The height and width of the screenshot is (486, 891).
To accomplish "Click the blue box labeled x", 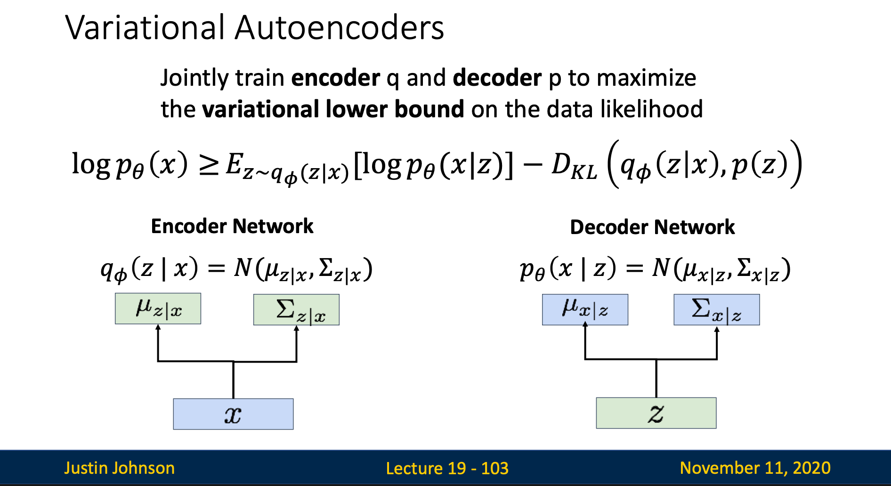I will [x=233, y=414].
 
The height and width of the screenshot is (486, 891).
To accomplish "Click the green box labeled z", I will [x=656, y=413].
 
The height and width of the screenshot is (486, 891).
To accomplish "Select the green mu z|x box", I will [x=158, y=308].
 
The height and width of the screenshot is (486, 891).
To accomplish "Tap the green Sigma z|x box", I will [x=296, y=309].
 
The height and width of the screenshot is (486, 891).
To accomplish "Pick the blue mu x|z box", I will [x=585, y=309].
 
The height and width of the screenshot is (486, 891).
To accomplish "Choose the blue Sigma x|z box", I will [x=716, y=309].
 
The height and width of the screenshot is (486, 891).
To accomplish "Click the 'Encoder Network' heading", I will [x=232, y=227].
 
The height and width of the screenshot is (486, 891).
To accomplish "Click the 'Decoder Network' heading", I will [x=652, y=227].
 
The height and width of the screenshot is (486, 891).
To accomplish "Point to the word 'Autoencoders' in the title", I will [x=339, y=27].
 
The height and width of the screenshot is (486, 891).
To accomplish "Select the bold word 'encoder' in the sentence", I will [x=335, y=78].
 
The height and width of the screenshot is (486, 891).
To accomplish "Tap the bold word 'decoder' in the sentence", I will [x=497, y=78].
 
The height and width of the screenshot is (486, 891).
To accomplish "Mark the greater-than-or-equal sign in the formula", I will [x=209, y=166].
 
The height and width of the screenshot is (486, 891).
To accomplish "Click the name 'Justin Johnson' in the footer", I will [x=119, y=468].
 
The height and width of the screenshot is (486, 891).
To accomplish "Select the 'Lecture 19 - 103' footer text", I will [x=447, y=468].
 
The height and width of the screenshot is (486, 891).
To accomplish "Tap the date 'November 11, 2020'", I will [x=755, y=468].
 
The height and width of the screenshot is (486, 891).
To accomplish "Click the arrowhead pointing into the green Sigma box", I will [x=296, y=329].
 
